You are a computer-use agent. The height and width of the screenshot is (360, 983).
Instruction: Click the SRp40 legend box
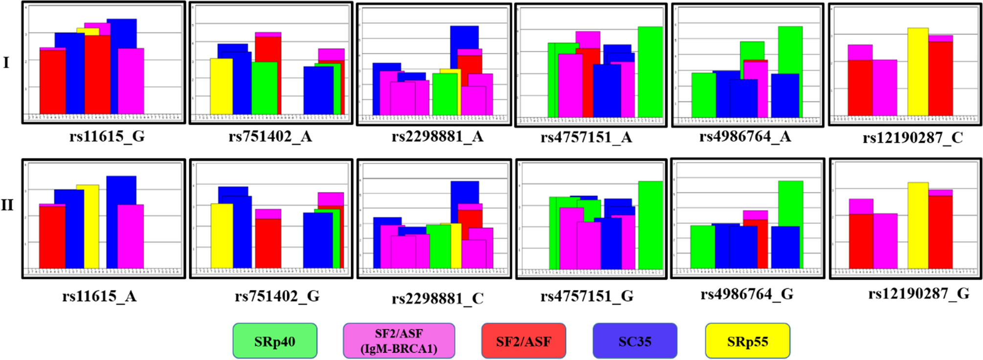click(x=275, y=341)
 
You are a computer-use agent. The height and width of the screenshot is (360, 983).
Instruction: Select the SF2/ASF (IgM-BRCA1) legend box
click(x=399, y=341)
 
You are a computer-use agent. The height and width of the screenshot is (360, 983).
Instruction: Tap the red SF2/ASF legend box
click(x=523, y=341)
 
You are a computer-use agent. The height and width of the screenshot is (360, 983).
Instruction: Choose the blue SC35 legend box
click(x=635, y=341)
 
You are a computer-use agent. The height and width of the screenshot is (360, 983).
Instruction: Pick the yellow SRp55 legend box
click(x=747, y=341)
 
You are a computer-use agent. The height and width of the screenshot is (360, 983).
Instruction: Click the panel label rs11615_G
click(x=107, y=136)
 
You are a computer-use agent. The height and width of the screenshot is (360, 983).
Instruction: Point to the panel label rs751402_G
click(x=277, y=296)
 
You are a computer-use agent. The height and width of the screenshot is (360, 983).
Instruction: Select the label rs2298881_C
click(x=437, y=298)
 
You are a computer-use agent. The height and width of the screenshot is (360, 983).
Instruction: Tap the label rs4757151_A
click(x=586, y=137)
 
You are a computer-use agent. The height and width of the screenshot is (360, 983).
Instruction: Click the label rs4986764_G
click(x=747, y=294)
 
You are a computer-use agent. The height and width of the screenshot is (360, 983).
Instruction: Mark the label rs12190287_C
click(x=913, y=138)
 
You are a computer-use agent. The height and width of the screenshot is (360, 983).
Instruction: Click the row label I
click(x=6, y=63)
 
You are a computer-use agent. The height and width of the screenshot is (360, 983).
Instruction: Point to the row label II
click(x=7, y=205)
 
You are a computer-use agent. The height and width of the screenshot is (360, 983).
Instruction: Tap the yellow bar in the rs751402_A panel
click(x=221, y=87)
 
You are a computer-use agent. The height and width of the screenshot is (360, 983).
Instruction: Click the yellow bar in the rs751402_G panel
click(x=222, y=236)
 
